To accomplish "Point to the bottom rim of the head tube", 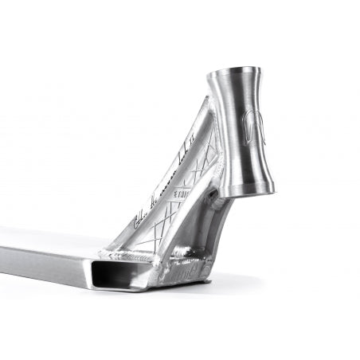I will pos(248,191).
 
